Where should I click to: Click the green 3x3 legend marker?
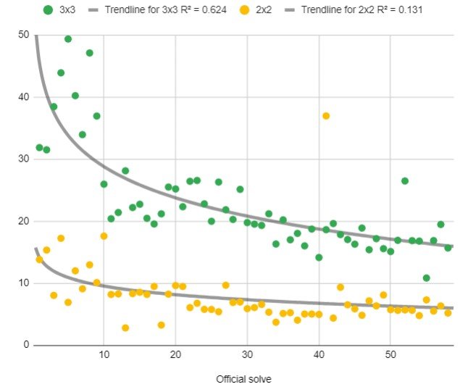click(48, 10)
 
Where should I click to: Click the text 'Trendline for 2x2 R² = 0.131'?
click(362, 10)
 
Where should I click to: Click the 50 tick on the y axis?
click(23, 36)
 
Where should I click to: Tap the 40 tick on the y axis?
click(23, 97)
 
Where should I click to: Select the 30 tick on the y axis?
click(23, 159)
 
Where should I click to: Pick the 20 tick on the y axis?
click(23, 221)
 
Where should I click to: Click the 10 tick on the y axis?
click(23, 283)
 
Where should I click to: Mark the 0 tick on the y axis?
click(25, 345)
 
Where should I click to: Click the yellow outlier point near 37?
click(326, 116)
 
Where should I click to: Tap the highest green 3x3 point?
click(68, 39)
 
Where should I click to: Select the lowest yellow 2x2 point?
click(125, 328)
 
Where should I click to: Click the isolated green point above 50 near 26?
click(405, 180)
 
